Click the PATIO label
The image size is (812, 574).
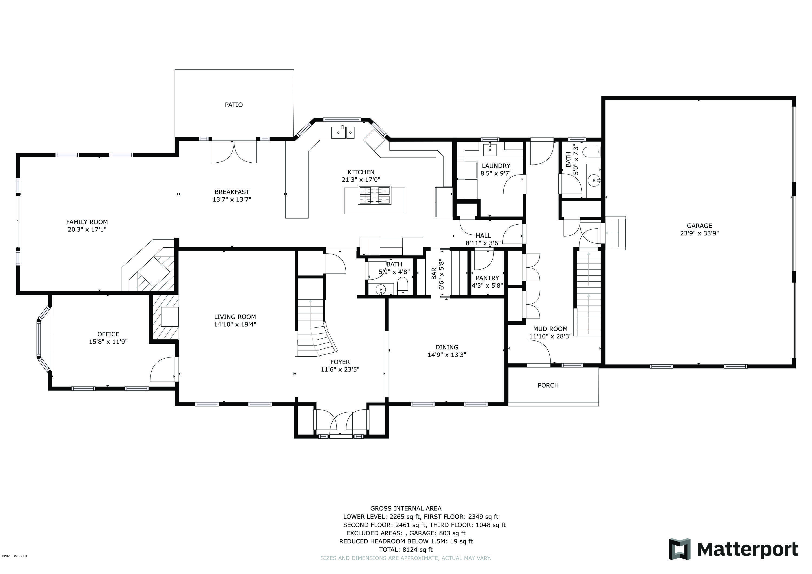[x=234, y=105]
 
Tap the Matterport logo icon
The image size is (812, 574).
[x=679, y=549]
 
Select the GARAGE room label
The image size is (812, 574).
[x=699, y=226]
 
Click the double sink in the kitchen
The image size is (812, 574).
[x=343, y=133]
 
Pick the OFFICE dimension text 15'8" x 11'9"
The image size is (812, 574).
[x=108, y=342]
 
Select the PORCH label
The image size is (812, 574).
[x=548, y=385]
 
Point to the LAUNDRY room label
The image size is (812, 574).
[x=496, y=166]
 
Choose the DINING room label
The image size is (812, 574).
[x=447, y=347]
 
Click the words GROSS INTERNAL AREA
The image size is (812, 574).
[x=406, y=509]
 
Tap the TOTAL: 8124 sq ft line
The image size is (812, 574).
[x=406, y=550]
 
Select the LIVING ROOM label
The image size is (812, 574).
[x=235, y=317]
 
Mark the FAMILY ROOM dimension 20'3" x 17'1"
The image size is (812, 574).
[x=87, y=229]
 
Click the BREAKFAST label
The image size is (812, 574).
[x=232, y=192]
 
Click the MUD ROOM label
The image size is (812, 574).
[x=550, y=329]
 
